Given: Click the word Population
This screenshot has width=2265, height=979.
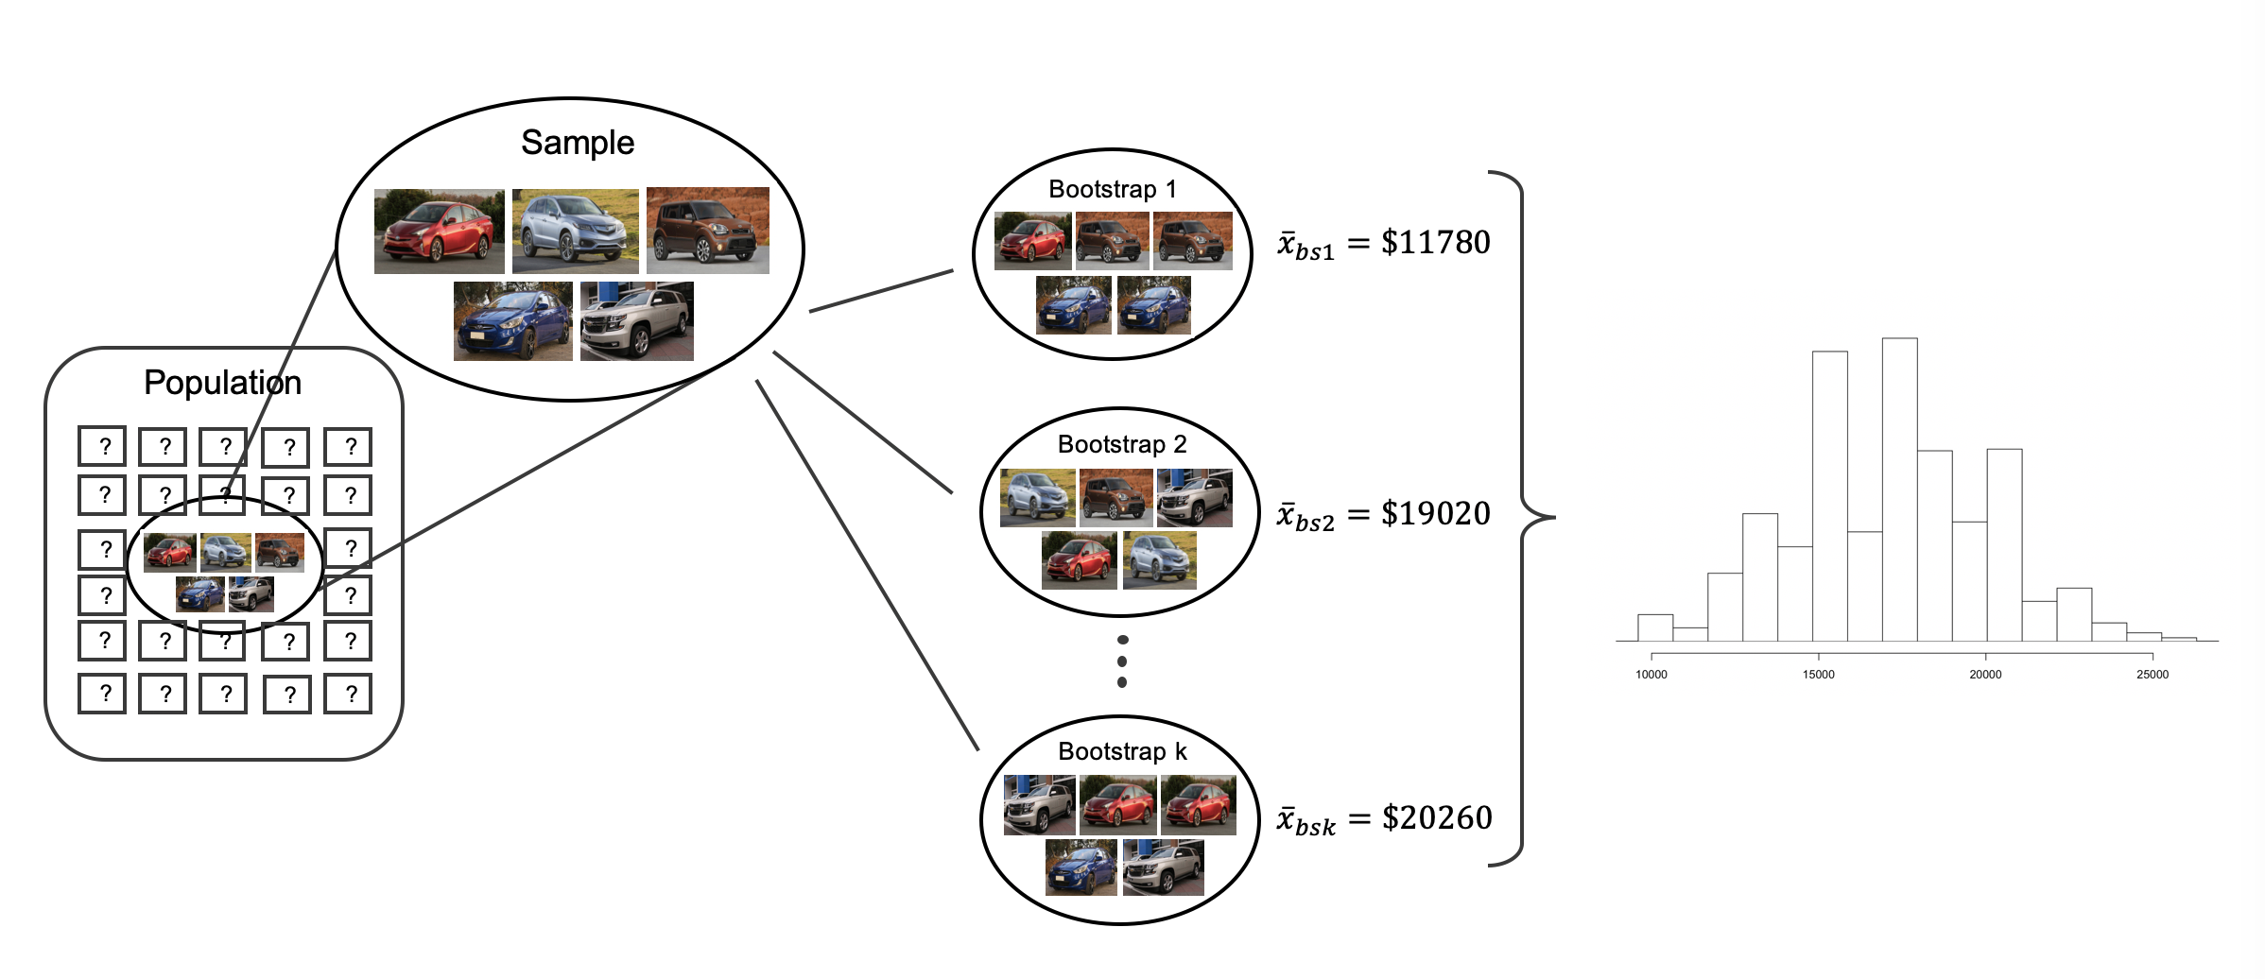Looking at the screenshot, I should click(222, 383).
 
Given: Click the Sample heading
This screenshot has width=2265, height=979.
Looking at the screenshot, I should click(578, 143).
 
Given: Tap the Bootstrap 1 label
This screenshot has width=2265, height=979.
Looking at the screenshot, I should click(1113, 189).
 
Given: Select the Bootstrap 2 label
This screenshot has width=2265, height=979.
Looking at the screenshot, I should click(1122, 444).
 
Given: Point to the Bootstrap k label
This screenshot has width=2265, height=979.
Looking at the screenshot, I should click(1122, 751).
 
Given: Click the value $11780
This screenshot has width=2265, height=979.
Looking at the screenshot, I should click(1435, 243).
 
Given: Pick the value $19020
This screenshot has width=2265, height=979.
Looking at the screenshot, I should click(1435, 513).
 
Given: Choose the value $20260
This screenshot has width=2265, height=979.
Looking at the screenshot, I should click(1437, 817).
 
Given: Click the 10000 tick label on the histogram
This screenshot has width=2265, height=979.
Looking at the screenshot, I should click(1651, 675).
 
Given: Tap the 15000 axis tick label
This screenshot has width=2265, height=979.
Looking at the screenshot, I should click(1818, 675).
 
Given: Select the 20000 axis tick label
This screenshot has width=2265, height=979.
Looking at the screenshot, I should click(1985, 675).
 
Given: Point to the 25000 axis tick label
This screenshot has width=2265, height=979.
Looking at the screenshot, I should click(2153, 675).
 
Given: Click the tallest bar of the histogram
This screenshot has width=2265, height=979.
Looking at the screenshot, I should click(1900, 491).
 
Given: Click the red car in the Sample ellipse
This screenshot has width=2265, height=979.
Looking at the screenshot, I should click(439, 232).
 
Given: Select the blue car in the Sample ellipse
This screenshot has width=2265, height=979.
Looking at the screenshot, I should click(512, 321).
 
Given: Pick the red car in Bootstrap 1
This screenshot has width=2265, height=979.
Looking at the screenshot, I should click(1032, 241).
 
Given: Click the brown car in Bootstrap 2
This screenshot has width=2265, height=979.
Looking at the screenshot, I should click(1115, 497).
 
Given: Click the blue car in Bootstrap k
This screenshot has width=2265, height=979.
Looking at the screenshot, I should click(1081, 867).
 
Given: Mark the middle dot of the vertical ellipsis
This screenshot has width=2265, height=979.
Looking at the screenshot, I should click(1122, 661).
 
